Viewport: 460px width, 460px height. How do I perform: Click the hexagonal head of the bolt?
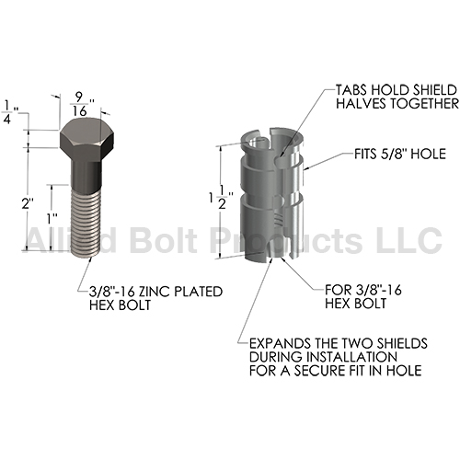click(87, 139)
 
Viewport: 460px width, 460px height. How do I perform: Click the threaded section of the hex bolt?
click(86, 223)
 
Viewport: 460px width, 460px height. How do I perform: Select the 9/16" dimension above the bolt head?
click(79, 104)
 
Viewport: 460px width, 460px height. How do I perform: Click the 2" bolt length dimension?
click(27, 203)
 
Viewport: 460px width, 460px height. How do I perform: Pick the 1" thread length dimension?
click(52, 219)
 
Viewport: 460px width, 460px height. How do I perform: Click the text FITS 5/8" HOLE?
click(400, 154)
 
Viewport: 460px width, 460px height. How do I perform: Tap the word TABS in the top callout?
click(351, 90)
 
